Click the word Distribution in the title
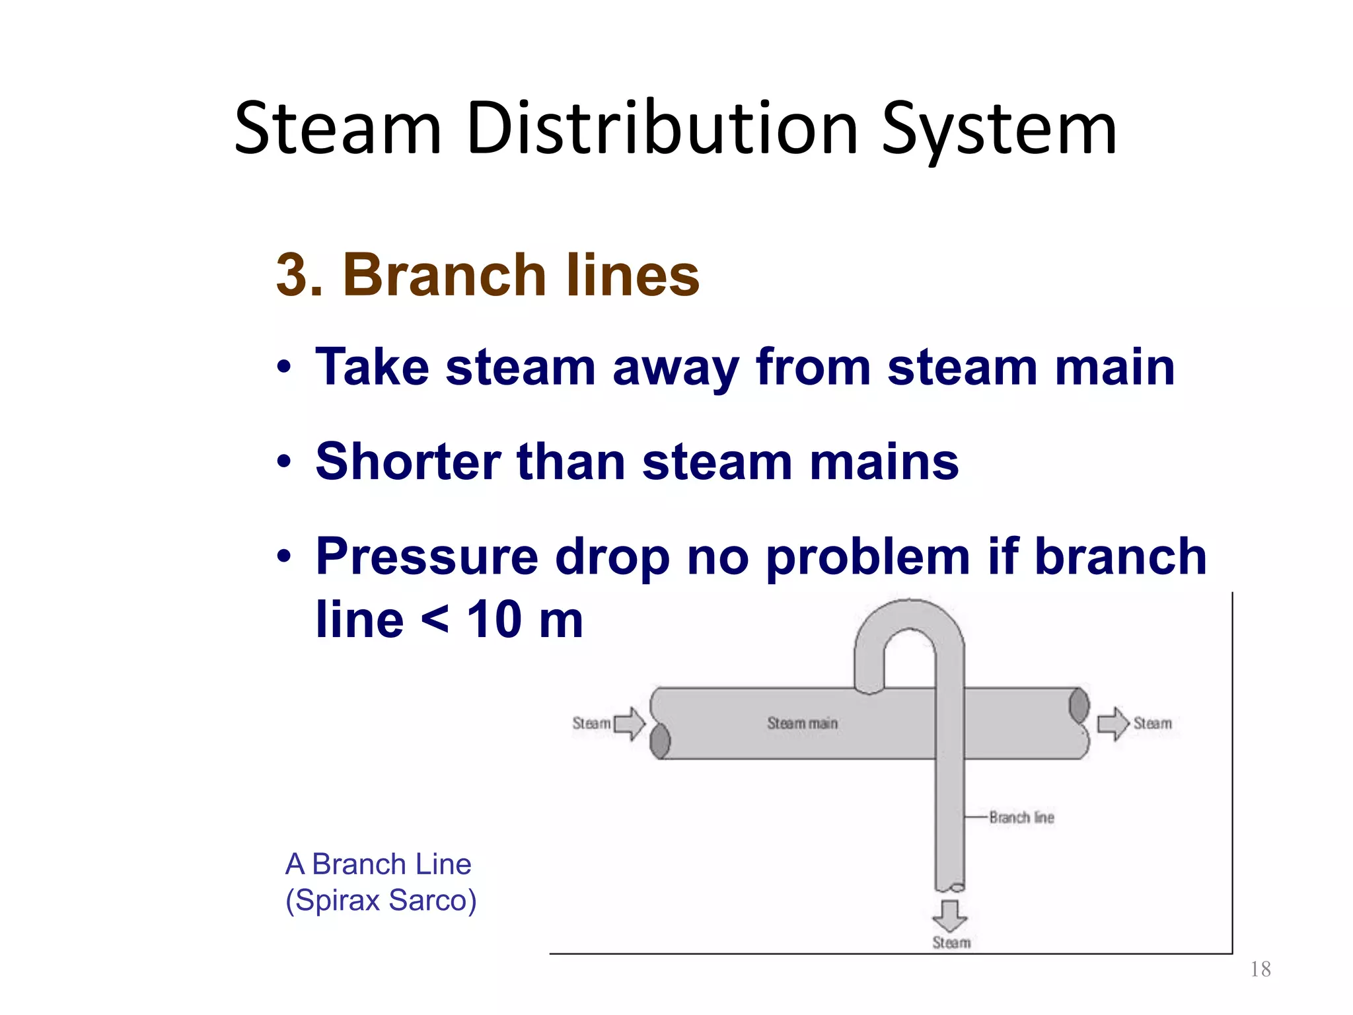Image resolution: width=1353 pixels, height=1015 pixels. [662, 128]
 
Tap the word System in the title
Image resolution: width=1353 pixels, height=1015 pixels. [999, 130]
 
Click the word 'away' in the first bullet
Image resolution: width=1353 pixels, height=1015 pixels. [675, 367]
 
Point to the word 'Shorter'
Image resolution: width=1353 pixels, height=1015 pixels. [408, 461]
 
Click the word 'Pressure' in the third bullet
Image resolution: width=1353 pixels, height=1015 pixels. [427, 556]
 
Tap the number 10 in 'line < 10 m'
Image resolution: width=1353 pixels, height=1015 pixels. [495, 620]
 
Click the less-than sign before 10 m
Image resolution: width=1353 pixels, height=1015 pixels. [435, 621]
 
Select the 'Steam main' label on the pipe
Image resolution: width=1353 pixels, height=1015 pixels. [802, 724]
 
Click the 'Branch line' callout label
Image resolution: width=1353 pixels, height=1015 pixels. [1021, 818]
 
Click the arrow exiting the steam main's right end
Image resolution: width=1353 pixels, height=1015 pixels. [1114, 724]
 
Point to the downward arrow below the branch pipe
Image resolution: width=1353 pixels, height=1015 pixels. [950, 915]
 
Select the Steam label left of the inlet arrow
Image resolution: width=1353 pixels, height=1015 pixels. [591, 724]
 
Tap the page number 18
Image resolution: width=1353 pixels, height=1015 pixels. [1261, 969]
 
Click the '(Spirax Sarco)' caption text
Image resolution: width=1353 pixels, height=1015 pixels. [381, 901]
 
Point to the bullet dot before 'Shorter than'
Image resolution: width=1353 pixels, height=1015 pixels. [284, 462]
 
